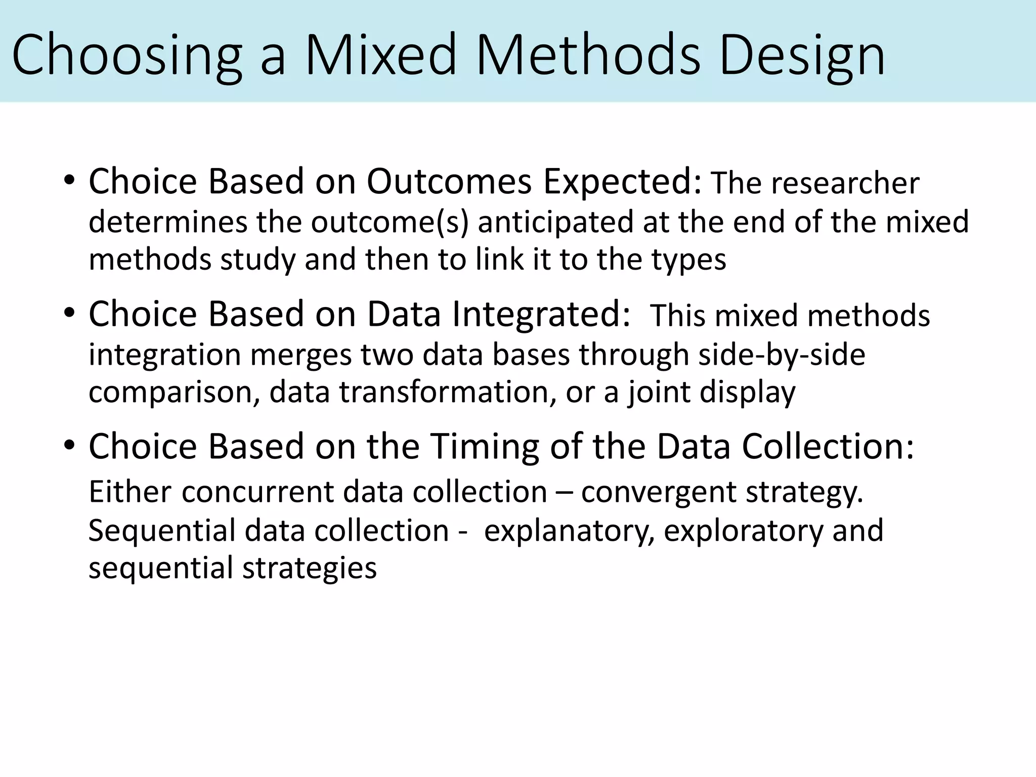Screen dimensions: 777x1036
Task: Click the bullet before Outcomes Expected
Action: (69, 181)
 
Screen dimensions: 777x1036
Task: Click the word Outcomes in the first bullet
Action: (449, 181)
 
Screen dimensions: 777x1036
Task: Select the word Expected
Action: (623, 181)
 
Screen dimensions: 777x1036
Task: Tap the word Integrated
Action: (541, 314)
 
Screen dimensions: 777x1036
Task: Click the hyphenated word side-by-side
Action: (782, 354)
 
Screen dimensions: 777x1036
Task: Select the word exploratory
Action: (744, 530)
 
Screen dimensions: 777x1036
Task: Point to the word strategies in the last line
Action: (310, 568)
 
